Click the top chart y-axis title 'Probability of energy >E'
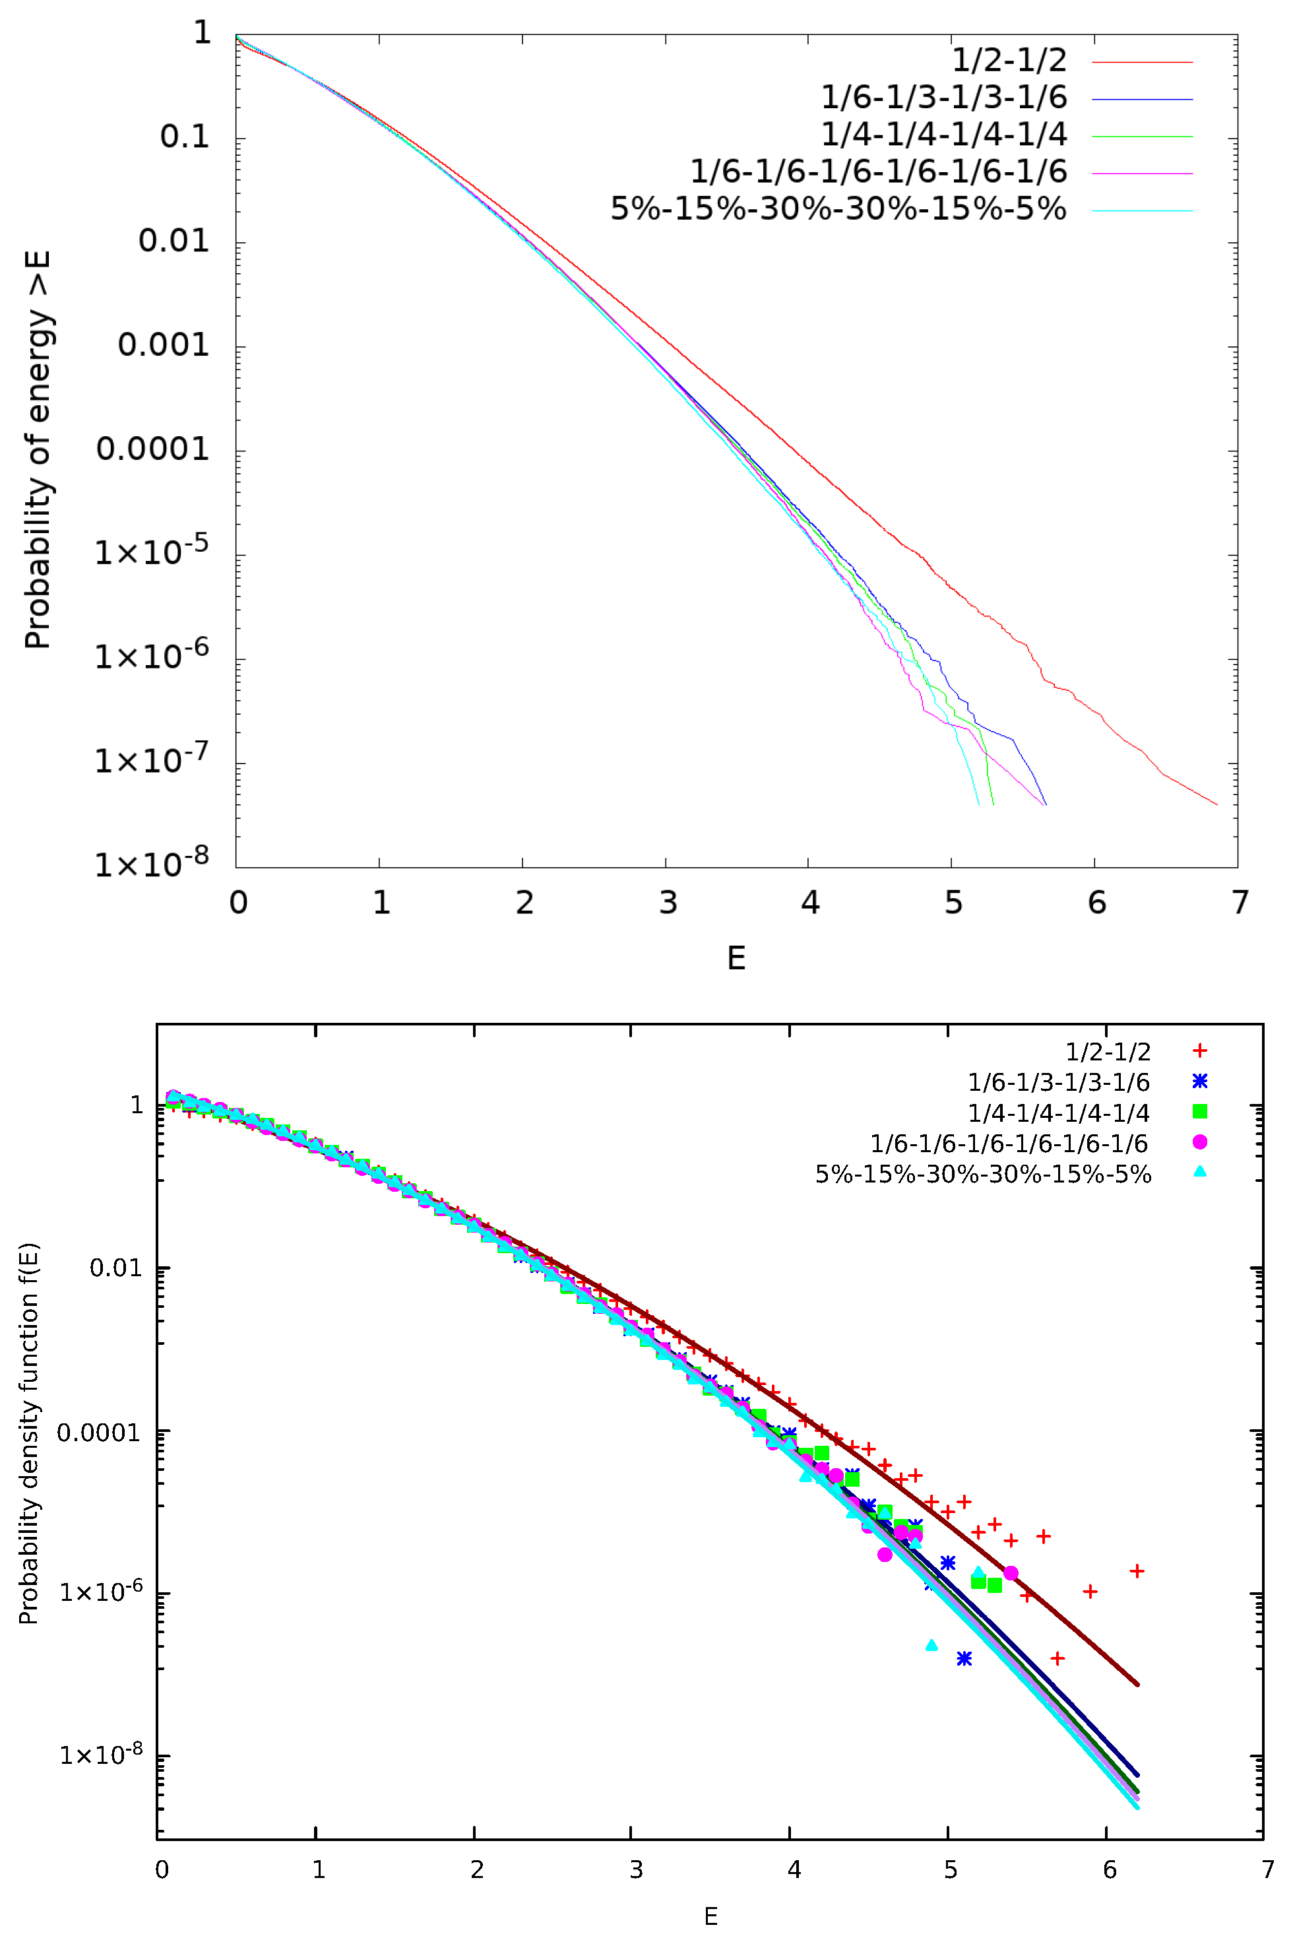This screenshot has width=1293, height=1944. click(x=37, y=449)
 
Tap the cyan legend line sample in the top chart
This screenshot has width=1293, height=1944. click(x=1142, y=211)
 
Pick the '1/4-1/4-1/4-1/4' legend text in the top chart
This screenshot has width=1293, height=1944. click(x=943, y=135)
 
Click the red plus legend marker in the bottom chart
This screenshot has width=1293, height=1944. click(x=1200, y=1051)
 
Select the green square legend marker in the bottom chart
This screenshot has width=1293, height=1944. click(x=1200, y=1112)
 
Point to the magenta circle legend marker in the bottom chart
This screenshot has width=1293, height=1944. click(x=1200, y=1142)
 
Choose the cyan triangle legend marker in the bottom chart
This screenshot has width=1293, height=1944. click(x=1200, y=1172)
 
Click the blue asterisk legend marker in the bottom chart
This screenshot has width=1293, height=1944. click(x=1200, y=1082)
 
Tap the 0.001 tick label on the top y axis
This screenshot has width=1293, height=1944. click(x=164, y=344)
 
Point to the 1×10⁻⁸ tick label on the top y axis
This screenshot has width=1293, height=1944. click(x=152, y=862)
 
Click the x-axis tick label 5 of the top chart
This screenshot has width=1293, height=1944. click(x=953, y=902)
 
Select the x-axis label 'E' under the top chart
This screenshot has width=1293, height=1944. click(x=736, y=958)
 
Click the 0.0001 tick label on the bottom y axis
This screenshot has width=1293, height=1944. click(x=98, y=1433)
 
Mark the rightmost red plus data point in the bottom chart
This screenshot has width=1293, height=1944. click(x=1136, y=1571)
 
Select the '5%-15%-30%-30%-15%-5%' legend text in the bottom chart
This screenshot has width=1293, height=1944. click(x=983, y=1175)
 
